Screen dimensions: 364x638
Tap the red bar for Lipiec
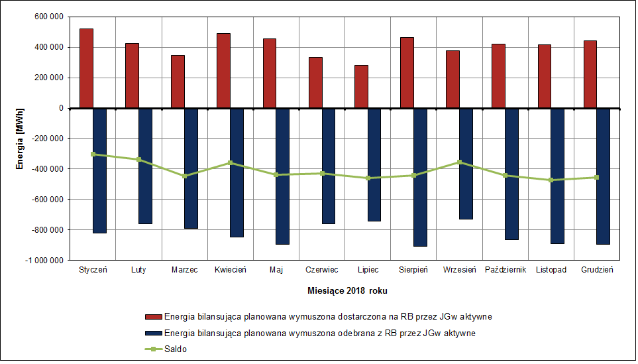click(x=361, y=86)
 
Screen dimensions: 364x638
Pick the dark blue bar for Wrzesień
click(x=466, y=163)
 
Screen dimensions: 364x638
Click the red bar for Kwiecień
click(x=223, y=70)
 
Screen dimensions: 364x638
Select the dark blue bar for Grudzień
click(x=603, y=176)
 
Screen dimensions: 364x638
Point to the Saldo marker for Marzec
click(x=185, y=176)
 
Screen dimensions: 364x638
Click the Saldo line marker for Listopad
click(x=551, y=180)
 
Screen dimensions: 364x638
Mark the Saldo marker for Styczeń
click(x=93, y=154)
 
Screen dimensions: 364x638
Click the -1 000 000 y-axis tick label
click(x=42, y=261)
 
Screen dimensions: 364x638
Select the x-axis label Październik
click(x=505, y=270)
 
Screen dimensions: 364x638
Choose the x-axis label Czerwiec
click(x=322, y=270)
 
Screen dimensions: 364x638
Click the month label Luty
click(x=138, y=270)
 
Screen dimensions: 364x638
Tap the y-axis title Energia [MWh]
click(x=21, y=137)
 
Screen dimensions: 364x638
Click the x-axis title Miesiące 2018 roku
click(x=348, y=291)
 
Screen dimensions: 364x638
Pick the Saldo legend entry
click(x=175, y=349)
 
